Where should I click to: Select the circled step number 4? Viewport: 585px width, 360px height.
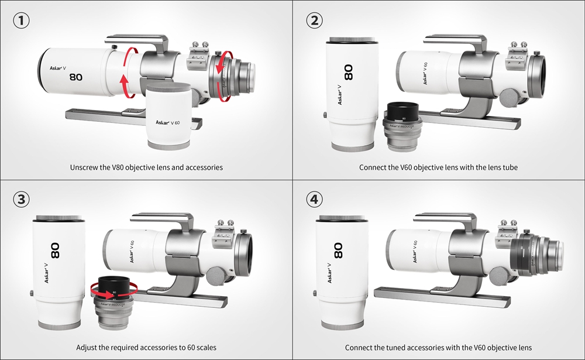314,200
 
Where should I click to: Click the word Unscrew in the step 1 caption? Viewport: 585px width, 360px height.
85,167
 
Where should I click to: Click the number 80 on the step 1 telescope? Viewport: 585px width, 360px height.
75,77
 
